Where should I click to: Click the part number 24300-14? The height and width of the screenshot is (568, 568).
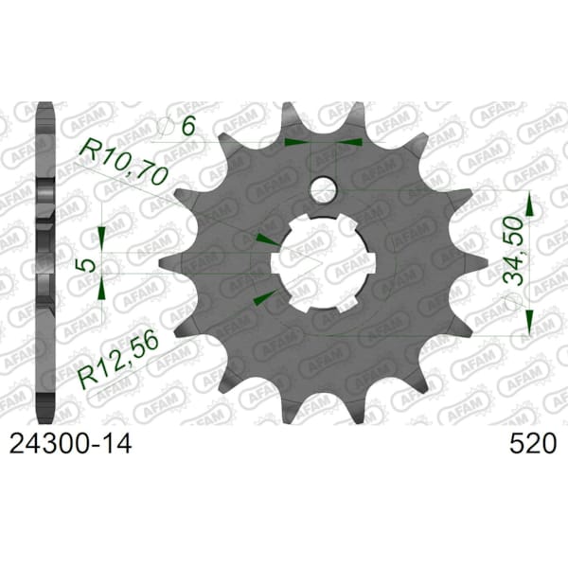click(70, 444)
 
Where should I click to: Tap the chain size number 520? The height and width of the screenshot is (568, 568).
click(532, 444)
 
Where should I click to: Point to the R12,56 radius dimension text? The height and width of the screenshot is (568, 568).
click(118, 357)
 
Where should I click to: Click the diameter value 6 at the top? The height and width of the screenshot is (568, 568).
click(188, 126)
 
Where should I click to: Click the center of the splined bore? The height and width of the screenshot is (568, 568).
click(323, 262)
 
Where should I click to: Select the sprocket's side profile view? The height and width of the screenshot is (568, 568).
click(45, 262)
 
